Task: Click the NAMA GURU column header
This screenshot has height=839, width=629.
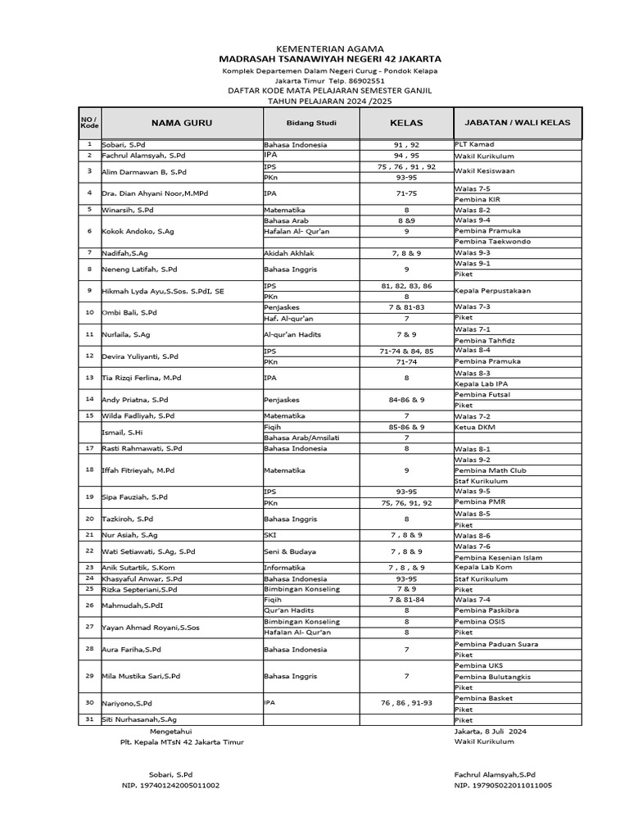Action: (181, 123)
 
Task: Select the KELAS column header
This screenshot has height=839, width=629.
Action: (406, 123)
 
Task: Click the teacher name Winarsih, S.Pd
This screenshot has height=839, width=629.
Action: (127, 210)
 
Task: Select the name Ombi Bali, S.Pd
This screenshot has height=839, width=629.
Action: (129, 312)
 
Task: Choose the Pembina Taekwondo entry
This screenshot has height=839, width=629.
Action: (495, 242)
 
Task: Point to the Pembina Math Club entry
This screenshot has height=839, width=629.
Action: (491, 470)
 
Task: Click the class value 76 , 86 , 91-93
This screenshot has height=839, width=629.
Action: (406, 703)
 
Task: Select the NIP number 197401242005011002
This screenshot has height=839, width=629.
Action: (170, 785)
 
